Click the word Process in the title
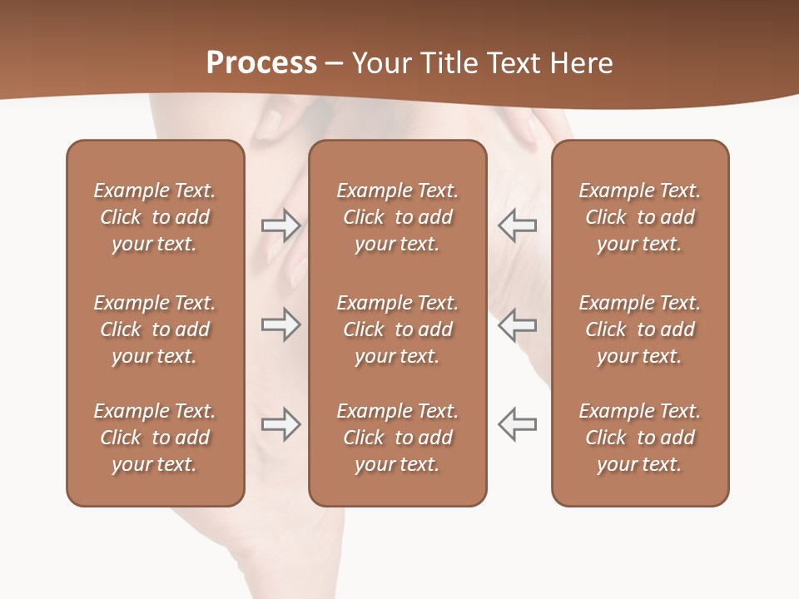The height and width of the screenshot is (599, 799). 261,63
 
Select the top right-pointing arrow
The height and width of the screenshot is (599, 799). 281,225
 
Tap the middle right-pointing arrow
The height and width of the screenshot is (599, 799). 281,324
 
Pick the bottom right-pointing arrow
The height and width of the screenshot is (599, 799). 281,424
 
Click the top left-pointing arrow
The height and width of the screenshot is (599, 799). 517,225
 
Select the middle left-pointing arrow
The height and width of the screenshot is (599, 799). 517,324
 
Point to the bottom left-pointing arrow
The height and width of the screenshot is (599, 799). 517,424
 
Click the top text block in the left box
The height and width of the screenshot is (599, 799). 155,217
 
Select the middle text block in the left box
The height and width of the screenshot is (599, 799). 155,329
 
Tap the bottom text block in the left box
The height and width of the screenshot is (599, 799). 155,438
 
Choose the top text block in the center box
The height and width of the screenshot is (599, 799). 397,217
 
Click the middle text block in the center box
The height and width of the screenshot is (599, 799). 397,329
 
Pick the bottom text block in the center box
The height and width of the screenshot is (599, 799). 397,438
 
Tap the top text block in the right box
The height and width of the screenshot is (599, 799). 640,217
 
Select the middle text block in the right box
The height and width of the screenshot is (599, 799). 640,329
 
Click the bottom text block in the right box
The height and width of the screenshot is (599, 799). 640,438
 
